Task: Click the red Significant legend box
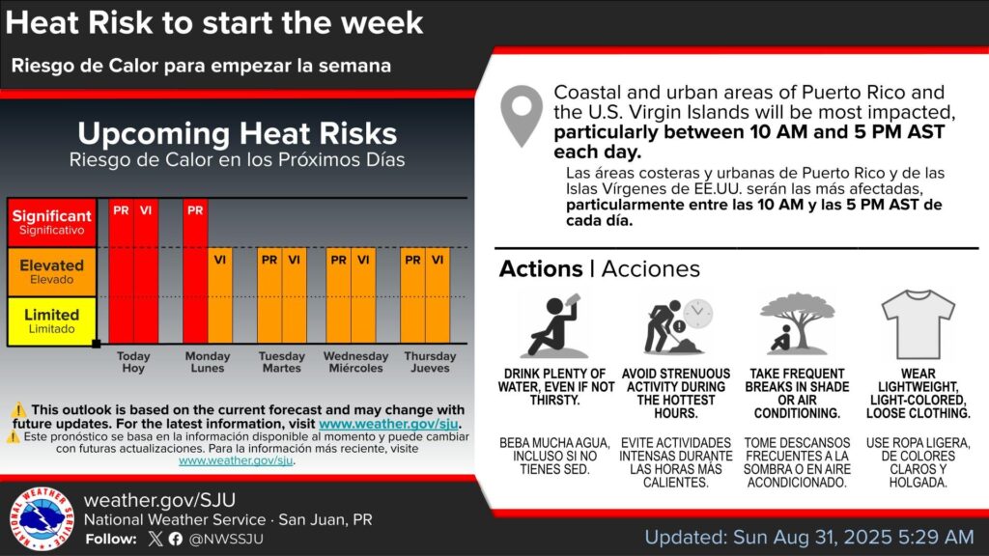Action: pos(52,222)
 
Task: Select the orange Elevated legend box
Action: pos(52,271)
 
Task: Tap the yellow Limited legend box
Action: pos(52,320)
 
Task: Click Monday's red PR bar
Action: pos(195,271)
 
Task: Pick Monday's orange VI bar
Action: pos(220,295)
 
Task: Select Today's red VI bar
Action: pos(146,271)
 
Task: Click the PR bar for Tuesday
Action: pos(269,295)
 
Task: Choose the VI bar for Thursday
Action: pos(438,295)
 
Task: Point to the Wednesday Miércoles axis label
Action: pos(355,362)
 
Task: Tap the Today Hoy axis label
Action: pos(133,362)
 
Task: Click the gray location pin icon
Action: pos(522,116)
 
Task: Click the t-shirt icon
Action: pos(918,324)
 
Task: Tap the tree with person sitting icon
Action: pos(797,322)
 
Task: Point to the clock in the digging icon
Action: pos(697,313)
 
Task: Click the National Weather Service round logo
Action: pos(42,518)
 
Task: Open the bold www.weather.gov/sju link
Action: pos(388,424)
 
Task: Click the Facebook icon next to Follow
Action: pos(176,539)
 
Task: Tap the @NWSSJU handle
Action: pos(226,539)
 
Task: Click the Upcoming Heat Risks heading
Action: pos(238,133)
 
